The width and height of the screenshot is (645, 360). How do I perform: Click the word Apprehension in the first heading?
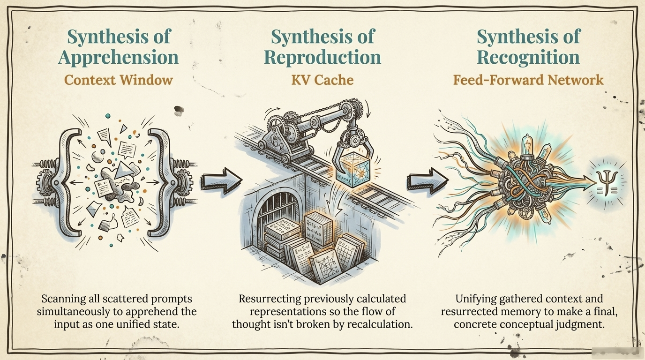(x=119, y=58)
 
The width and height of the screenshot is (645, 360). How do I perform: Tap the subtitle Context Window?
(x=119, y=80)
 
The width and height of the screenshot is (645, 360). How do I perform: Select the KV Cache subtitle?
(x=322, y=80)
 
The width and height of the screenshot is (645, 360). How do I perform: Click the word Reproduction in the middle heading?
(x=322, y=58)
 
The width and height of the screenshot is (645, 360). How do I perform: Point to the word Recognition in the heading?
(x=528, y=58)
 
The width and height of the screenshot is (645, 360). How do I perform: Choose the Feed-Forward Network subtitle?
(x=528, y=80)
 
